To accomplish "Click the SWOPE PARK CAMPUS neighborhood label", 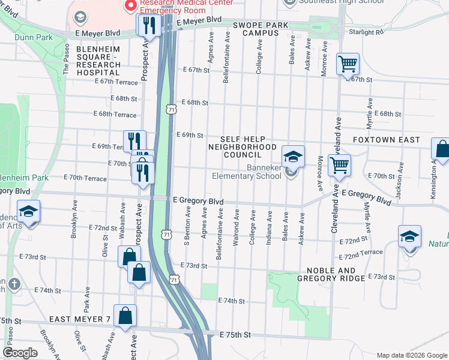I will [x=261, y=29].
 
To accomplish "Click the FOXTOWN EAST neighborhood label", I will [x=394, y=140].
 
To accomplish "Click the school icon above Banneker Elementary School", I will [x=292, y=157].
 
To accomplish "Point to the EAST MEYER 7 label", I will [x=80, y=319].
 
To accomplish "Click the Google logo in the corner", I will [x=21, y=353].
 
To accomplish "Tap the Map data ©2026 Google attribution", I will [x=411, y=355].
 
